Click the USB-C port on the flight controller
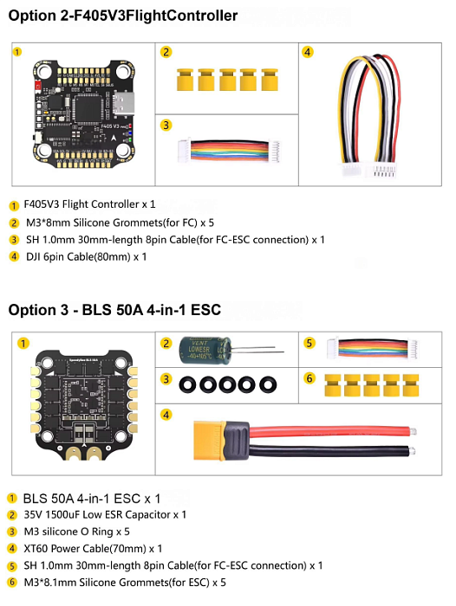pyautogui.click(x=123, y=103)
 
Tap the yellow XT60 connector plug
pyautogui.click(x=210, y=441)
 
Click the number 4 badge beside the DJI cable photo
pyautogui.click(x=308, y=52)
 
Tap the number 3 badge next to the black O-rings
pyautogui.click(x=166, y=379)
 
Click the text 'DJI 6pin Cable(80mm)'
pyautogui.click(x=78, y=257)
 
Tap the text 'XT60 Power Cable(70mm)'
pyautogui.click(x=85, y=549)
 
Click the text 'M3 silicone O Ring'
pyautogui.click(x=68, y=532)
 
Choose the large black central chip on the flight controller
pyautogui.click(x=89, y=109)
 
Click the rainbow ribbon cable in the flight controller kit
pyautogui.click(x=229, y=151)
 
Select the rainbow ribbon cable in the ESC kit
pyautogui.click(x=373, y=348)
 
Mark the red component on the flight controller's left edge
pyautogui.click(x=38, y=86)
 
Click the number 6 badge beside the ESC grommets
pyautogui.click(x=309, y=378)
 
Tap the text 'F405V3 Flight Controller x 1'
pyautogui.click(x=89, y=204)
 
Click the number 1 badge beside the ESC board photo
pyautogui.click(x=23, y=344)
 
